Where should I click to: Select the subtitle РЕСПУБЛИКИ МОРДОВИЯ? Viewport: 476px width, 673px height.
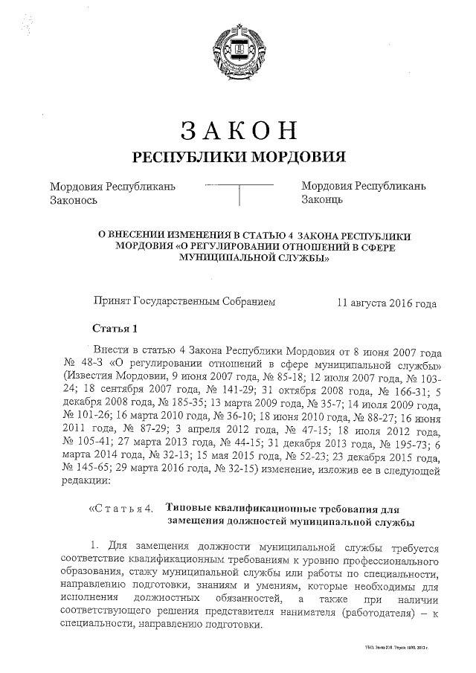[x=239, y=157]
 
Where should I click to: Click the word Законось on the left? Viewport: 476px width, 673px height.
[x=74, y=200]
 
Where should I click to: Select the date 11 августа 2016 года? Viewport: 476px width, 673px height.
[x=386, y=303]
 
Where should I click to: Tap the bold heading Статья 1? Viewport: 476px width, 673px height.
[x=115, y=328]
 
